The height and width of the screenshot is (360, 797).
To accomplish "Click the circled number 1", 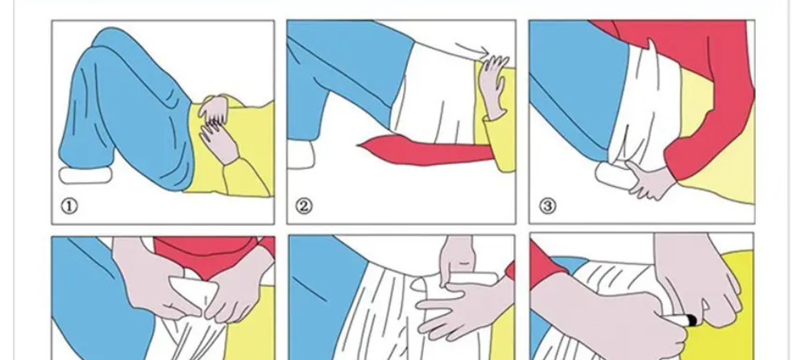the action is tap(69, 206).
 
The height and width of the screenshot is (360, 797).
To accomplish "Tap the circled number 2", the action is tap(304, 206).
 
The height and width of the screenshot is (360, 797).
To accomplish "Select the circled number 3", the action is tap(547, 206).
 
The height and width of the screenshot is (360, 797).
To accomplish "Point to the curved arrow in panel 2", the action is tap(471, 49).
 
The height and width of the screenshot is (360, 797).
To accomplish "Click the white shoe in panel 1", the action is tap(85, 176).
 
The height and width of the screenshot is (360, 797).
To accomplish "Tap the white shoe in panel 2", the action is tap(301, 155).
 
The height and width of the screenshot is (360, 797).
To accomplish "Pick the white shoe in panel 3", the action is tap(614, 176).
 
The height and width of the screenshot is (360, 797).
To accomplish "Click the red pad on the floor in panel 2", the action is tap(426, 151).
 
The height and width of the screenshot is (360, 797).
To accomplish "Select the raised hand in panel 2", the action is tap(492, 85).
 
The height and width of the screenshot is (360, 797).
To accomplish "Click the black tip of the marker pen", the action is tap(691, 321).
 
